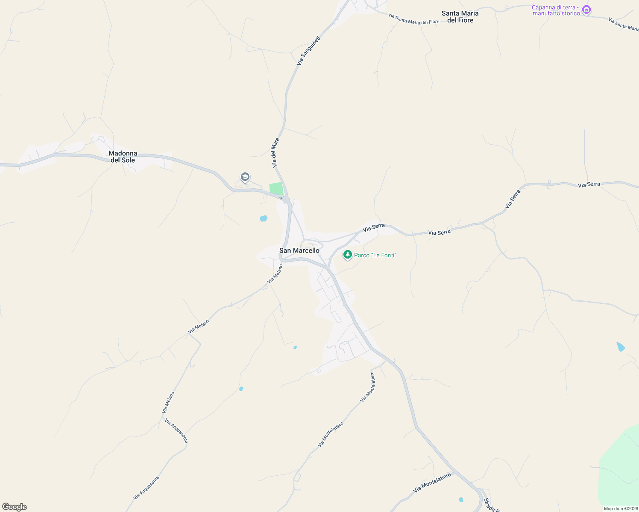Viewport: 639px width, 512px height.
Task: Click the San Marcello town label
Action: [299, 250]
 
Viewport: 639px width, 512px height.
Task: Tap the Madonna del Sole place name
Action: [123, 157]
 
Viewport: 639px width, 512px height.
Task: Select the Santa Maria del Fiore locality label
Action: [460, 17]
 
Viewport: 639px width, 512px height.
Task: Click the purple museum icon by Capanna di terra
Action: [586, 9]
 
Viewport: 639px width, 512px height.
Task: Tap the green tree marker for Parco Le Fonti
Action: [348, 255]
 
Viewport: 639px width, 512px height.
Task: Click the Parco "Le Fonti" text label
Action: [375, 255]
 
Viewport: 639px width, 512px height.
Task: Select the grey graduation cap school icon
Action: [245, 177]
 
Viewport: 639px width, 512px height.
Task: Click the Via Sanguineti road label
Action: [308, 51]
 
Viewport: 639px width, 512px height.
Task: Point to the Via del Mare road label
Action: [276, 152]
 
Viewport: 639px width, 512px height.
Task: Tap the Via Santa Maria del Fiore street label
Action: [413, 19]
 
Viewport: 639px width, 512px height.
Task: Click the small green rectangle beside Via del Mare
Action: [276, 189]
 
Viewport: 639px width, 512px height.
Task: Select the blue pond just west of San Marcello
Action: [264, 218]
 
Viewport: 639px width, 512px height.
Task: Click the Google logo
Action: [15, 507]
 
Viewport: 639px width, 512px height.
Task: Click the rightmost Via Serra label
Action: [589, 185]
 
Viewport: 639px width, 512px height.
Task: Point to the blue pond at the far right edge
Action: [621, 346]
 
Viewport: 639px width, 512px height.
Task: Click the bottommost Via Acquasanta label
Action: [146, 488]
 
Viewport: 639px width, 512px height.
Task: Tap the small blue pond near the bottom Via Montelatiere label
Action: [460, 500]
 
